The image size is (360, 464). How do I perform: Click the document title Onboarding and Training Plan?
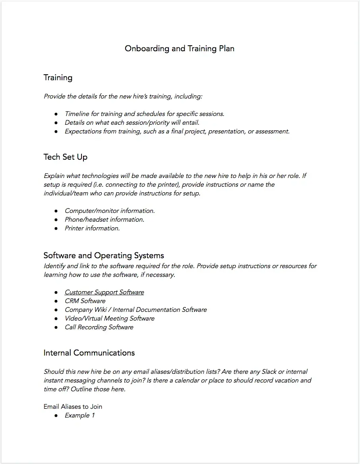[x=180, y=48]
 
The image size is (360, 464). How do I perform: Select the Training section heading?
[x=58, y=77]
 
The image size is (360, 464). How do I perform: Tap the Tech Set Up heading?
[x=66, y=157]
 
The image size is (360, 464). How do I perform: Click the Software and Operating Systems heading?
[x=104, y=255]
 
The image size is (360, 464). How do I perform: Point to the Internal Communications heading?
[x=89, y=353]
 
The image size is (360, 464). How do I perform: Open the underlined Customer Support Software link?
[x=104, y=292]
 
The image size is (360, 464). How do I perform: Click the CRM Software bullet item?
[x=85, y=301]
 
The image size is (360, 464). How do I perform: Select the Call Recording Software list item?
[x=99, y=327]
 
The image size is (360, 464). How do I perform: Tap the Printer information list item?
[x=92, y=228]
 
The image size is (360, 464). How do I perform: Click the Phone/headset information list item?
[x=105, y=219]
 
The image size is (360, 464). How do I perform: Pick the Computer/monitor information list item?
[x=110, y=211]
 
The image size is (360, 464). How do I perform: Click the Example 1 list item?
[x=79, y=415]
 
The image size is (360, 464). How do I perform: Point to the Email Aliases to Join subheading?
[x=73, y=406]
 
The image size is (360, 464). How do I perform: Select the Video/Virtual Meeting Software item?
[x=110, y=318]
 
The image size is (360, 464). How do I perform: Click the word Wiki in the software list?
[x=99, y=309]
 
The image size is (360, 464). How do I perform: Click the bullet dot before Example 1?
[x=56, y=416]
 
